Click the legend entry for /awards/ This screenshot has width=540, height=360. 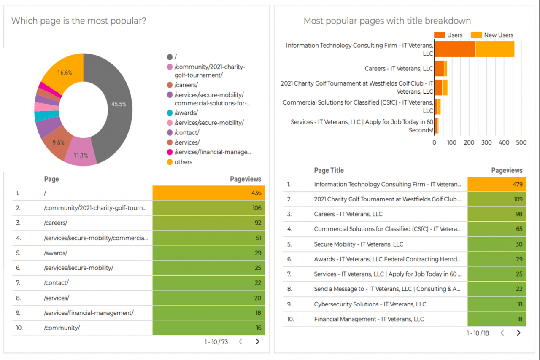[186, 113]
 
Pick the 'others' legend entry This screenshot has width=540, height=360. [183, 162]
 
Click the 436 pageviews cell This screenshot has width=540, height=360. [209, 193]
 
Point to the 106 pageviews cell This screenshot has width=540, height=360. [209, 208]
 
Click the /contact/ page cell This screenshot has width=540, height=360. [56, 283]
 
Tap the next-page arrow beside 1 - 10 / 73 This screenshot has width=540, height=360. [257, 342]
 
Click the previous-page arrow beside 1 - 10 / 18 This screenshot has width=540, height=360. [502, 333]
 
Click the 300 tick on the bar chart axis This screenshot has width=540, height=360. [486, 142]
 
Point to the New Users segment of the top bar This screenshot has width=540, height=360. [495, 49]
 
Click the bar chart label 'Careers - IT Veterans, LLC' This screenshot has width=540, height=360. [399, 68]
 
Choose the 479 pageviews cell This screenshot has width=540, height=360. [497, 184]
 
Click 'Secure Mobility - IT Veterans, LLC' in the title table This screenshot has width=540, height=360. [359, 244]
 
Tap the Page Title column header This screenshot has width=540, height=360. [329, 170]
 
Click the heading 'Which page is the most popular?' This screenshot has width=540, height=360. [79, 21]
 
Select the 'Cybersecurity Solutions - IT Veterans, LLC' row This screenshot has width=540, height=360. [370, 304]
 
